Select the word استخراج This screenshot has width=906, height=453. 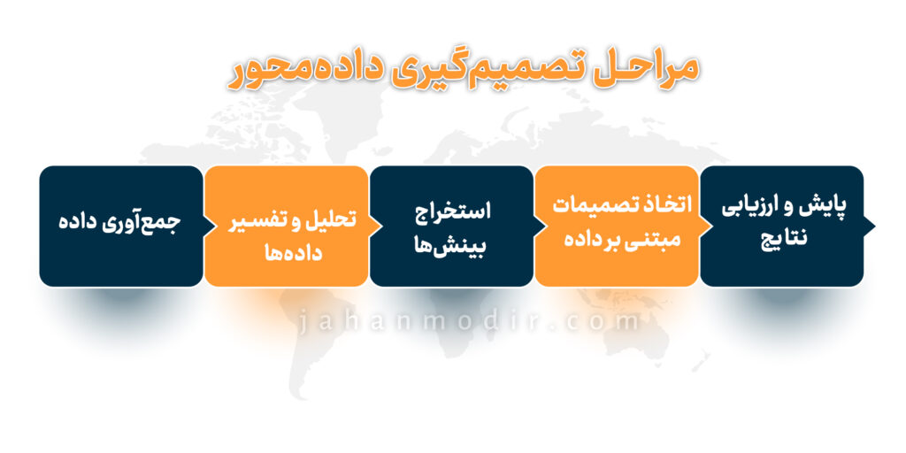click(452, 211)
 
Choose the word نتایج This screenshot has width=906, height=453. click(782, 238)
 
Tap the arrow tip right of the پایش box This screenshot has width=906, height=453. click(875, 226)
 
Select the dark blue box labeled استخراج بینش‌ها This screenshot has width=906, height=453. click(451, 226)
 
